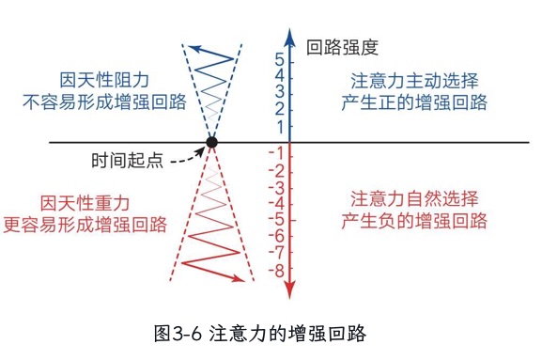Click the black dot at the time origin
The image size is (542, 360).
tap(212, 143)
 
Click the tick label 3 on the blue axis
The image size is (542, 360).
tap(279, 93)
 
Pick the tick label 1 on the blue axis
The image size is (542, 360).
tap(279, 126)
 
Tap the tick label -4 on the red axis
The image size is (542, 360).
tap(276, 204)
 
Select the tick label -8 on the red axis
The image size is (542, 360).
tap(276, 271)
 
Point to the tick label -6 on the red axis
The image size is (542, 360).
tap(276, 237)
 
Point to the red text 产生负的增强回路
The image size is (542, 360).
tap(413, 222)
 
